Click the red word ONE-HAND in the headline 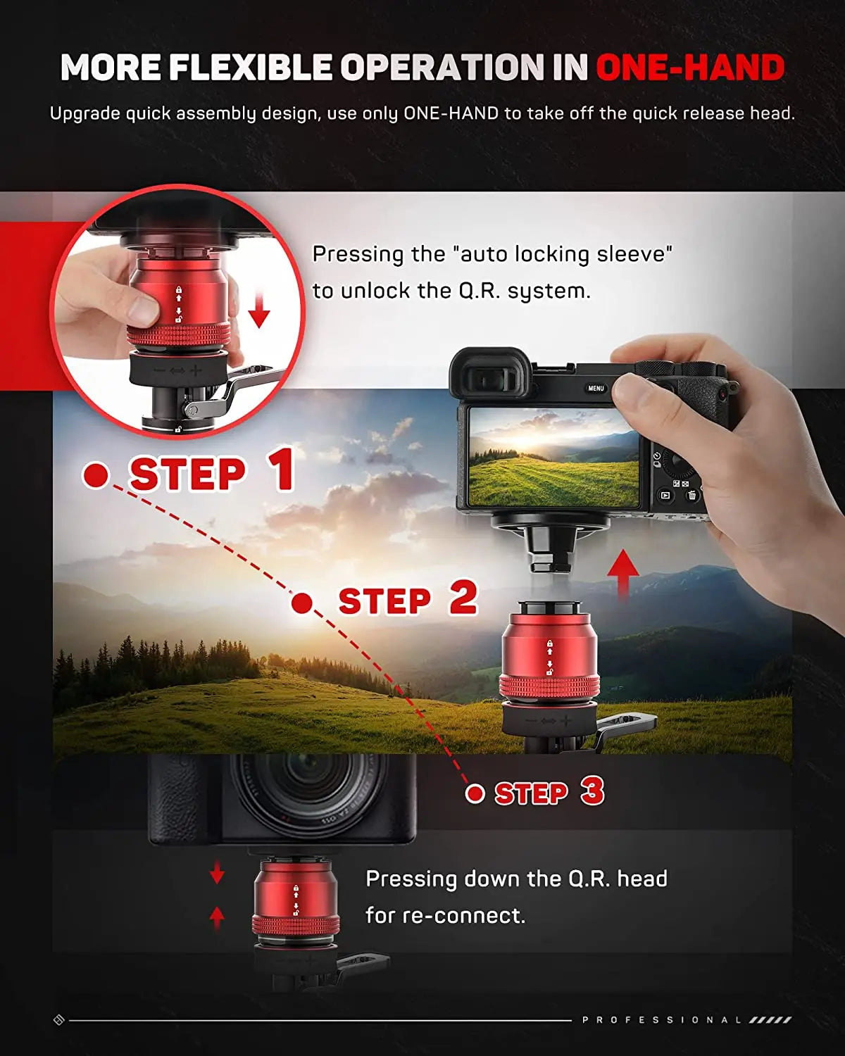(689, 68)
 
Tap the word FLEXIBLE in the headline (250, 68)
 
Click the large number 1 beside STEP (281, 470)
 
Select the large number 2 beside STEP (463, 598)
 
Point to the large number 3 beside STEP (592, 792)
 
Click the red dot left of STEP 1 (96, 475)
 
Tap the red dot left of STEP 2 (302, 603)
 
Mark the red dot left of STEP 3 (475, 793)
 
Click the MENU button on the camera (596, 388)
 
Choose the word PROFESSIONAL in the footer (662, 1019)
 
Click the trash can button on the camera (691, 496)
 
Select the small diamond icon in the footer (59, 1019)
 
